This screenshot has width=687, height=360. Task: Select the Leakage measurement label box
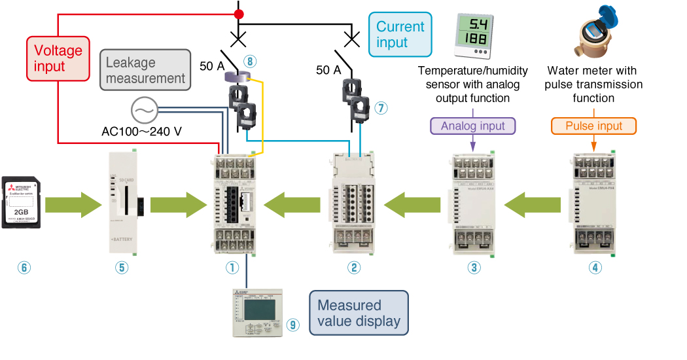[x=145, y=71]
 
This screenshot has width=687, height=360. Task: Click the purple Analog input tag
[x=472, y=125]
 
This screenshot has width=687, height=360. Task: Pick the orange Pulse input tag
[x=593, y=125]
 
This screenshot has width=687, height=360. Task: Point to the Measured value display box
[x=358, y=314]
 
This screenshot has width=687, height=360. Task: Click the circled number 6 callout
[x=24, y=267]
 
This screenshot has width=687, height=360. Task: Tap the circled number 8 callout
[x=249, y=62]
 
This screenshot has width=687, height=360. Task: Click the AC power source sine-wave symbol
[x=143, y=110]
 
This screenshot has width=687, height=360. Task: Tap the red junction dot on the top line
[x=239, y=14]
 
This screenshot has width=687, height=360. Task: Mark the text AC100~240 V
[x=141, y=131]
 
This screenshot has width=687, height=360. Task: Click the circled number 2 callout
[x=354, y=267]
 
